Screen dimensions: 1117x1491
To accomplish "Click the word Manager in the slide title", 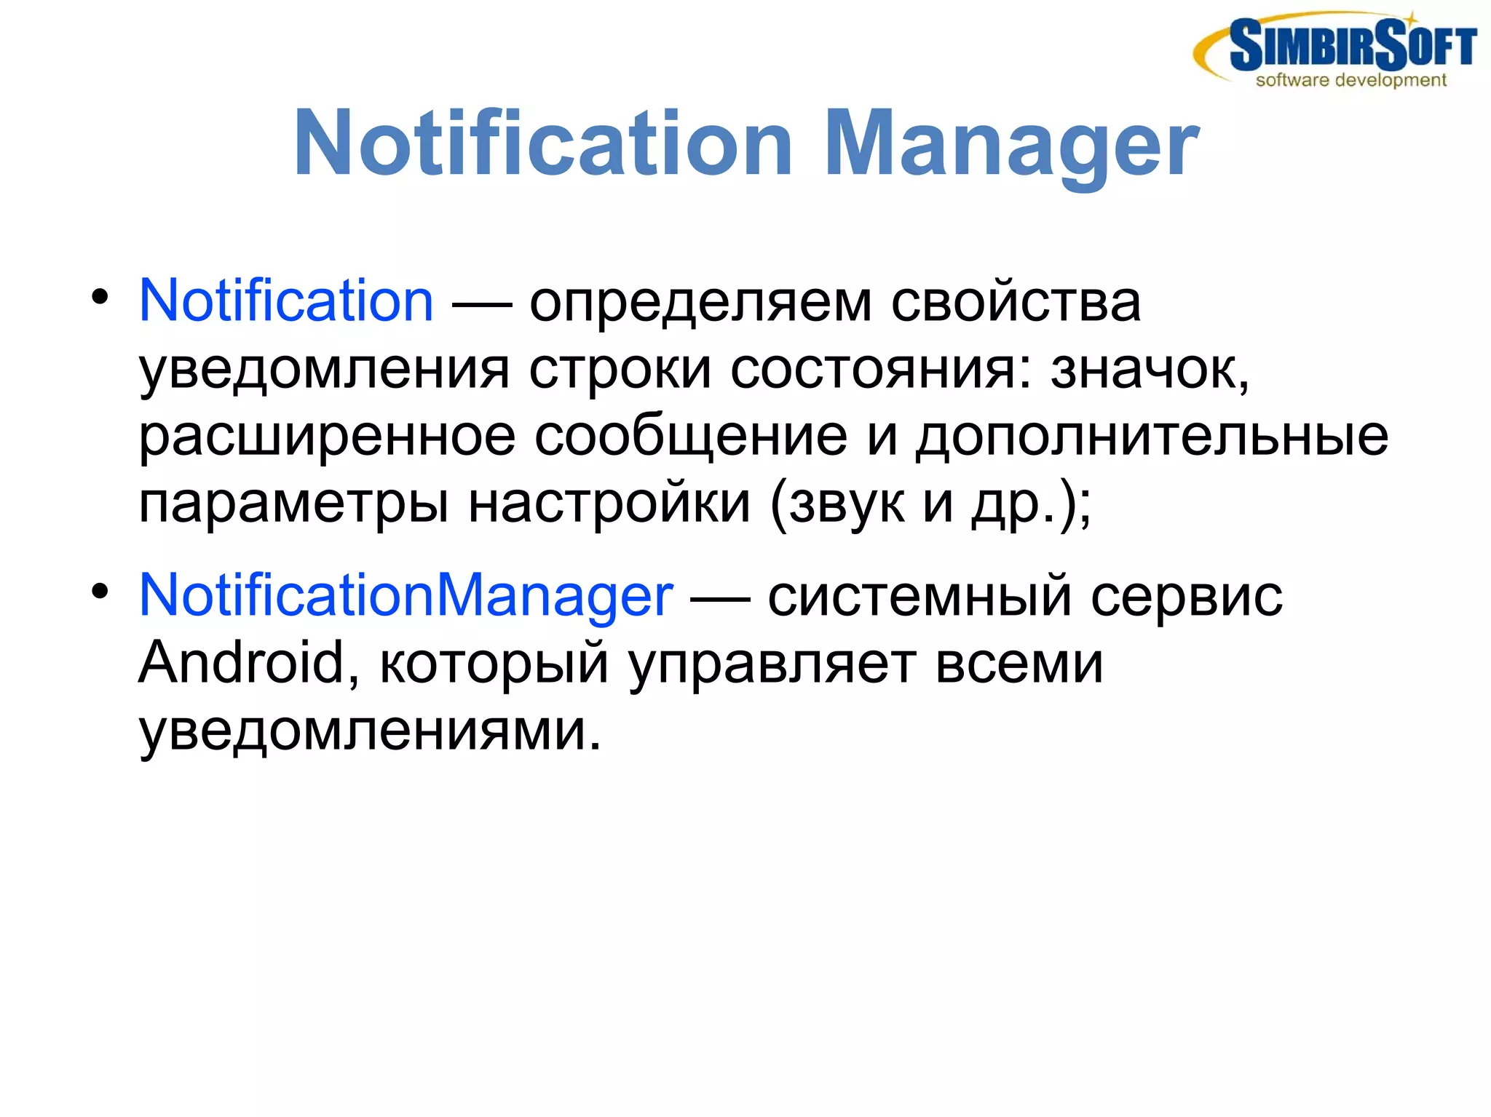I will pyautogui.click(x=1011, y=143).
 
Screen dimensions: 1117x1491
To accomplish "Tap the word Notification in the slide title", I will pyautogui.click(x=542, y=143).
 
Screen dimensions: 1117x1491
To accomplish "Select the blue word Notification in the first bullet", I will pyautogui.click(x=286, y=301).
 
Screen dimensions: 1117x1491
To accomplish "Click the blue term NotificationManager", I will pyautogui.click(x=406, y=595).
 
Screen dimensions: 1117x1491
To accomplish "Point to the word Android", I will pyautogui.click(x=241, y=663).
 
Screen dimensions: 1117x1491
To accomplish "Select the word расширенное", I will pyautogui.click(x=327, y=437).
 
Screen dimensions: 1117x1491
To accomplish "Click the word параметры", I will pyautogui.click(x=293, y=504).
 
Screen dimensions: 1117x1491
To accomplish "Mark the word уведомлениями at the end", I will pyautogui.click(x=370, y=731).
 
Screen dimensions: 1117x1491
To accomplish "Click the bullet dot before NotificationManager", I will pyautogui.click(x=100, y=591).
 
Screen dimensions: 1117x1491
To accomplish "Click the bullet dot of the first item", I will pyautogui.click(x=100, y=296).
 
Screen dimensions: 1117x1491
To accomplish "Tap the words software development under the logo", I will pyautogui.click(x=1350, y=80).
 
